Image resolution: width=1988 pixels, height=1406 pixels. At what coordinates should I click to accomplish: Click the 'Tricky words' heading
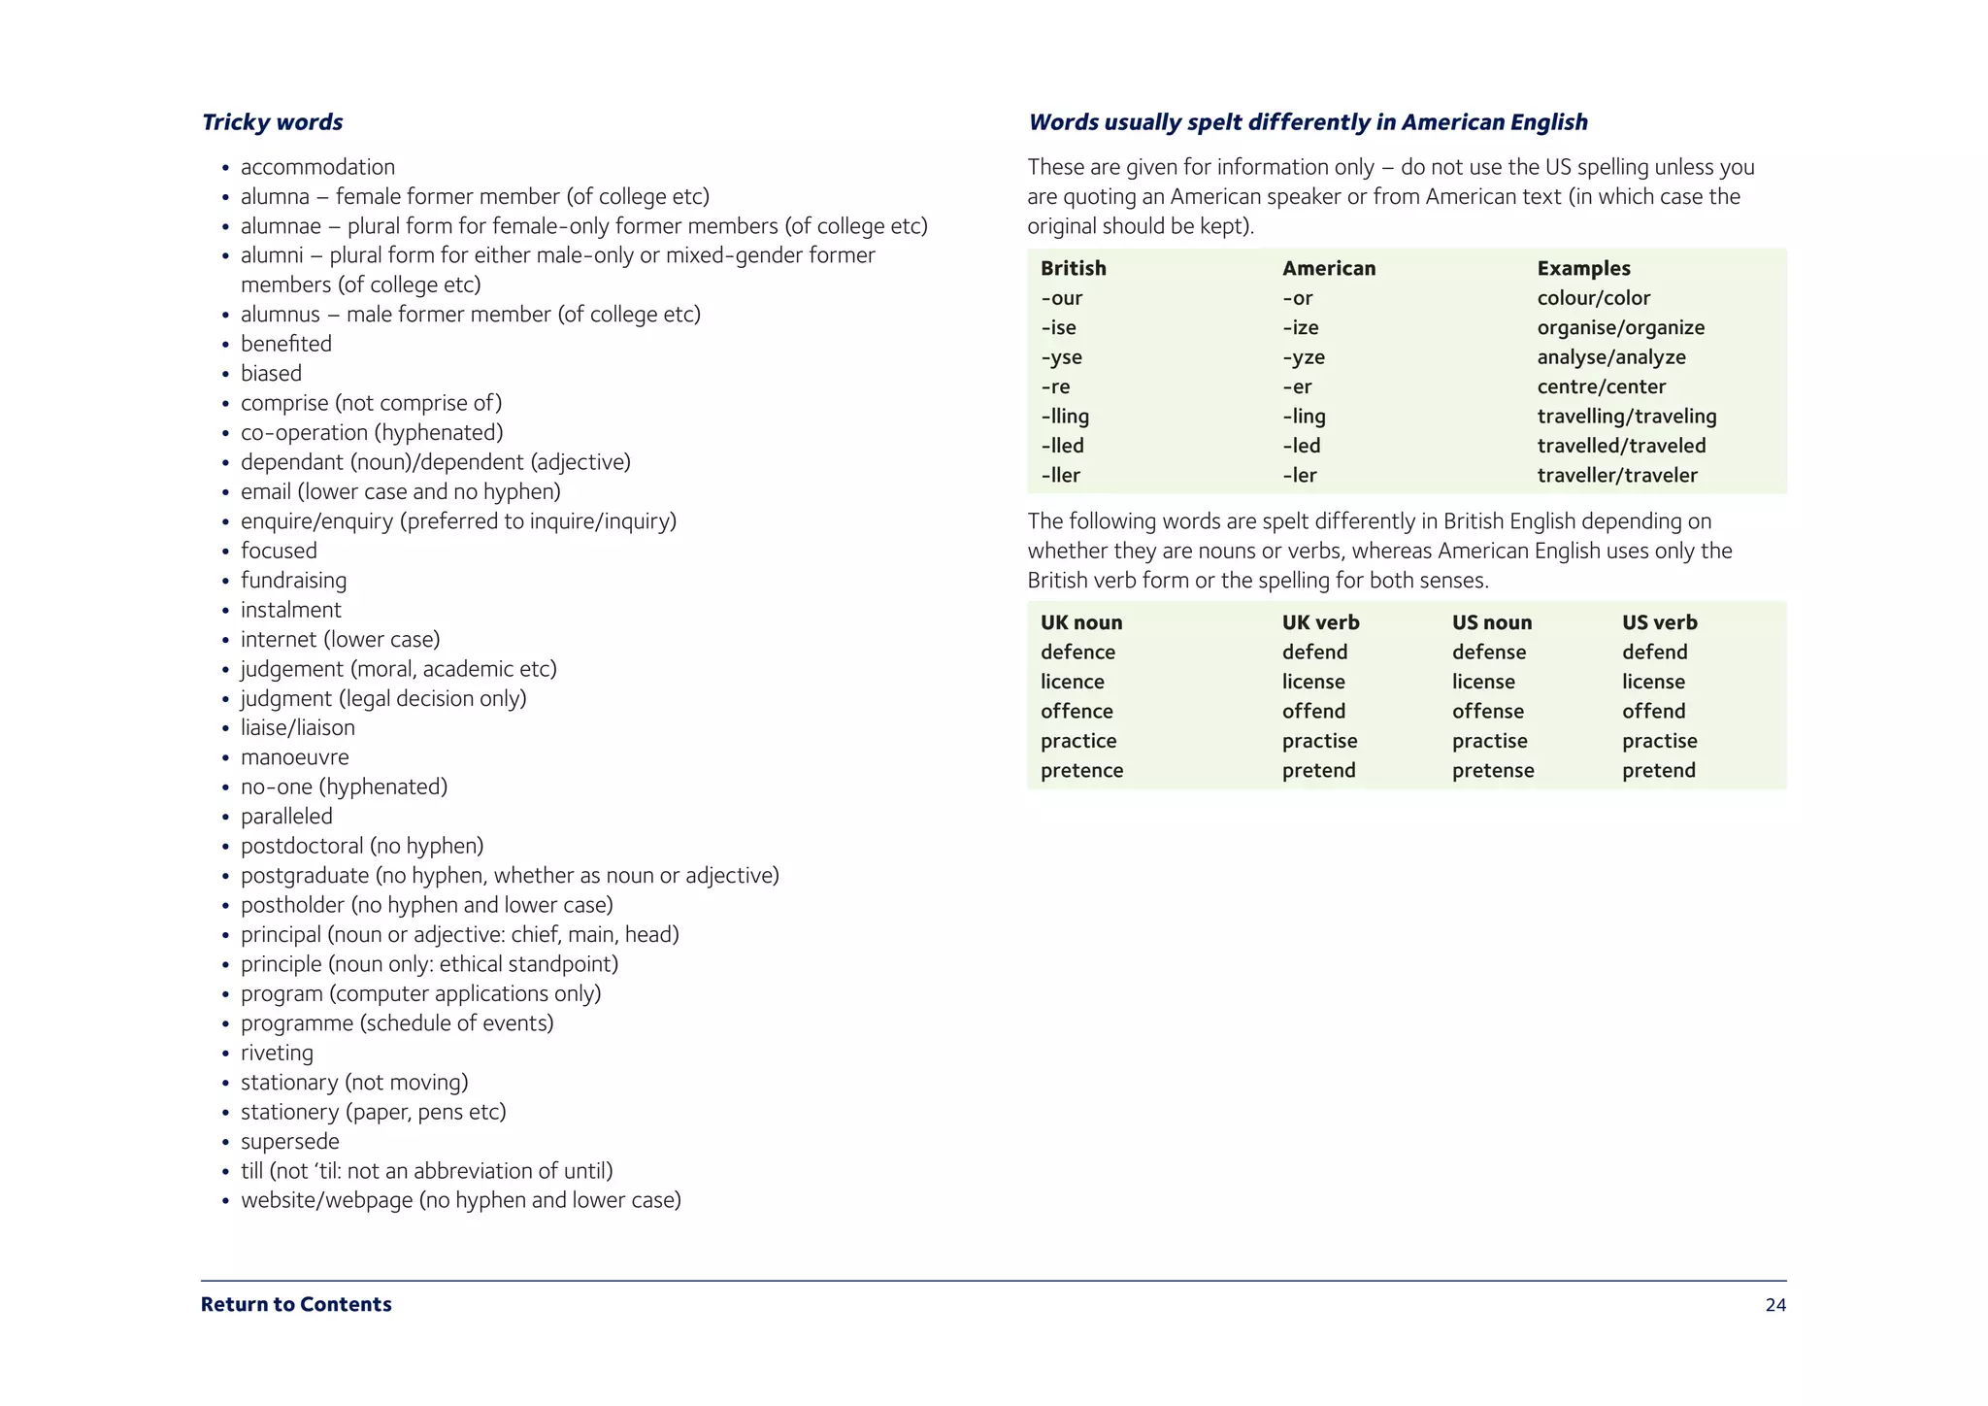[272, 122]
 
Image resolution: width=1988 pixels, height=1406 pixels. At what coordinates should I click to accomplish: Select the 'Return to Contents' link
[296, 1304]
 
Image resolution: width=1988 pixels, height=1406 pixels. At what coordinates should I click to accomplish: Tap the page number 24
[1774, 1305]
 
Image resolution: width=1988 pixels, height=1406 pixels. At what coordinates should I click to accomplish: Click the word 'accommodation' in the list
[317, 167]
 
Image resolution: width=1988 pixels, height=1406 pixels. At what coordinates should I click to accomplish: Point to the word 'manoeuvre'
[294, 757]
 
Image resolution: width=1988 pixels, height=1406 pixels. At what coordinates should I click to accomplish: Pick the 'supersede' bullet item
[289, 1141]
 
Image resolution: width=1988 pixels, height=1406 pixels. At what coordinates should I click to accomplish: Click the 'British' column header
[1073, 268]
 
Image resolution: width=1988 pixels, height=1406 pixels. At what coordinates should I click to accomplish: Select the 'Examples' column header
[1583, 268]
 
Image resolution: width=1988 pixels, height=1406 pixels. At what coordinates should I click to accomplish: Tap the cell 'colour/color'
[1593, 298]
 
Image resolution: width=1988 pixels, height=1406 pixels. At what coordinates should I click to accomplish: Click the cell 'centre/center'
[1601, 386]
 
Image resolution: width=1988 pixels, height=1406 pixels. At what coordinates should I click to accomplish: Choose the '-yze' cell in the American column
[1303, 357]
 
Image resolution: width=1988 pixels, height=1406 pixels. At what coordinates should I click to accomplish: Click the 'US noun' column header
[1491, 622]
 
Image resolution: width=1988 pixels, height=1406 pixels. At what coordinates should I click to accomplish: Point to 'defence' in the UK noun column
[1077, 653]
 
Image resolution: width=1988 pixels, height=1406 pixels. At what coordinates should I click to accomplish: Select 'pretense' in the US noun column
[1493, 770]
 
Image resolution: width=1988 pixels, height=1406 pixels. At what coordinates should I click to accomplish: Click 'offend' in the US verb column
[1653, 711]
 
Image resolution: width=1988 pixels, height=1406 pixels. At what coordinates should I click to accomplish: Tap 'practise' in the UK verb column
[1319, 741]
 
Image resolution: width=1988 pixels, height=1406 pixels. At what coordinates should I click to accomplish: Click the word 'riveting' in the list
[277, 1053]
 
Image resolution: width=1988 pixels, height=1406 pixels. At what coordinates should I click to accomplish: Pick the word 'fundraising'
[293, 581]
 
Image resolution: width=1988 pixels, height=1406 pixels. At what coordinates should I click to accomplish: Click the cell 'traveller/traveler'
[1616, 475]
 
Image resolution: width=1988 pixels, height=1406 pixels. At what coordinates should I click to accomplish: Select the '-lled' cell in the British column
[1062, 446]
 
